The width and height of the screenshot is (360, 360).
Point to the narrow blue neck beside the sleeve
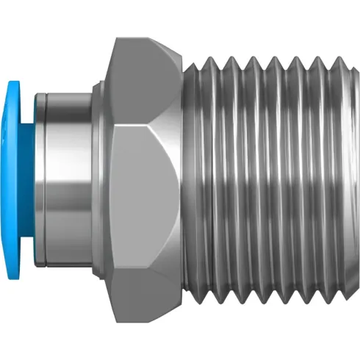(33, 180)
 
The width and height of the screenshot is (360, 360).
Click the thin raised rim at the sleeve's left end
(42, 180)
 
